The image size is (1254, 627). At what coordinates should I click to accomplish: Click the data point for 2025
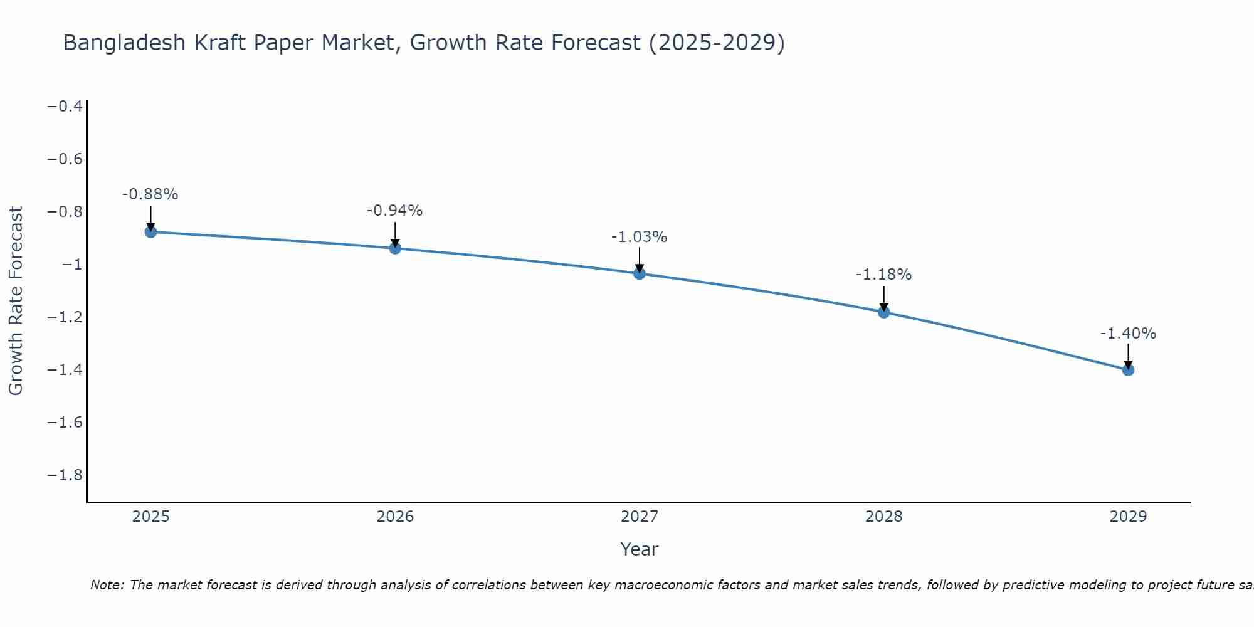coord(150,232)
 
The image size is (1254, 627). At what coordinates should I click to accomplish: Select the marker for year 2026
coord(395,248)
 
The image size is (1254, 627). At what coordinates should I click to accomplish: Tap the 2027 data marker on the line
coord(640,273)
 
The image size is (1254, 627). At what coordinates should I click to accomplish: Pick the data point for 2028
coord(884,312)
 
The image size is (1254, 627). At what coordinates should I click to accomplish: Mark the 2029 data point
coord(1128,370)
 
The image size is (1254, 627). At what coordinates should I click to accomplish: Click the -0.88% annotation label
coord(150,194)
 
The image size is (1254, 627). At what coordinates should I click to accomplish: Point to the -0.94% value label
coord(395,211)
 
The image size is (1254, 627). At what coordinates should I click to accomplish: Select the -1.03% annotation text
coord(640,237)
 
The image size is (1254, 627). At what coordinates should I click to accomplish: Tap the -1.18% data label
coord(884,275)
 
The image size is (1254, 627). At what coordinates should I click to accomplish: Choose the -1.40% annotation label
coord(1128,334)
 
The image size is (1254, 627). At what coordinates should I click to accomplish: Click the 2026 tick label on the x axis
coord(395,517)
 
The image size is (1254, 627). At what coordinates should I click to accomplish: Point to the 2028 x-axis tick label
coord(884,517)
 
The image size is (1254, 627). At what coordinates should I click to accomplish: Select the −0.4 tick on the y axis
coord(65,106)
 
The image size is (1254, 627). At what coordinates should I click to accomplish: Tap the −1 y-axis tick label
coord(72,264)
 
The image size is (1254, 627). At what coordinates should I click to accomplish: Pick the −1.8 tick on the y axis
coord(65,475)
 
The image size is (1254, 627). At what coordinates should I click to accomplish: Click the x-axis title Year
coord(640,549)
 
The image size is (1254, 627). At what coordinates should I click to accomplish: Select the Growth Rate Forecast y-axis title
coord(16,301)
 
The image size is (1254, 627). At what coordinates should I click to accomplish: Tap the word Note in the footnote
coord(107,585)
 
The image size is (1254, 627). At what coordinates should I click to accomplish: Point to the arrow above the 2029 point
coord(1128,355)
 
